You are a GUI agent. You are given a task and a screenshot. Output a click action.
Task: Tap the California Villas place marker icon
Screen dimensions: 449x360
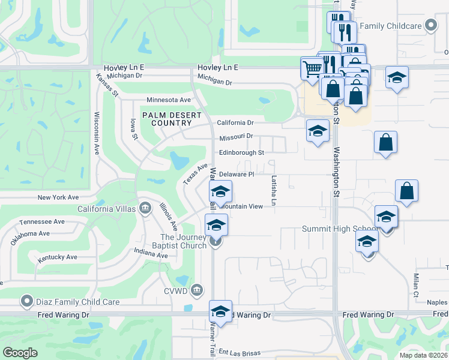point(145,208)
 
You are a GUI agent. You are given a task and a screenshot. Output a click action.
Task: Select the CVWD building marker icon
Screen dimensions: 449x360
point(196,292)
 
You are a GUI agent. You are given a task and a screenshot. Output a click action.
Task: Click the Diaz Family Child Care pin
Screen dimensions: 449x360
point(26,301)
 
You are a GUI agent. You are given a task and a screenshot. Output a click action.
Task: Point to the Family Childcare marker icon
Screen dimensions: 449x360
point(430,26)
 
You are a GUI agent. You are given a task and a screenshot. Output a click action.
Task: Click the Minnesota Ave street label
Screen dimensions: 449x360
point(169,100)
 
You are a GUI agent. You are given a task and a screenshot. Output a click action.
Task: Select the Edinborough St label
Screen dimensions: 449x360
point(241,153)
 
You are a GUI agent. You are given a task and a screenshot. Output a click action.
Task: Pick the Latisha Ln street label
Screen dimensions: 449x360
point(273,191)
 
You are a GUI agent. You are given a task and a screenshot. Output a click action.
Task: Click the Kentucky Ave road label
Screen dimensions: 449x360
point(58,257)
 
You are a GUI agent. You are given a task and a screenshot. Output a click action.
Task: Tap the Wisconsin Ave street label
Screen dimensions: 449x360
point(97,133)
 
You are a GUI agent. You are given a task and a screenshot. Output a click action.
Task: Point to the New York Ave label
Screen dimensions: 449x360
point(58,197)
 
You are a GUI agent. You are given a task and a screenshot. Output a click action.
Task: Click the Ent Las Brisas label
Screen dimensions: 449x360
point(242,352)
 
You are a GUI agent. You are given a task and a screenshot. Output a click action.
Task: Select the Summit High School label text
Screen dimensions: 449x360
point(339,229)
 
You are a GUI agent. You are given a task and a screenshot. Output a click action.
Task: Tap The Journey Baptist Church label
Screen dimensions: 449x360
point(183,241)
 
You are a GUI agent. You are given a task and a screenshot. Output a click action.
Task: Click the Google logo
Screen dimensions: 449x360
point(20,353)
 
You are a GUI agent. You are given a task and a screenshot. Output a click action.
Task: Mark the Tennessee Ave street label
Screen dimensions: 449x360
point(42,222)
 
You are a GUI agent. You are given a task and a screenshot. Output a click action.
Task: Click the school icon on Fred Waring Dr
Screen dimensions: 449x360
point(221,311)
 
